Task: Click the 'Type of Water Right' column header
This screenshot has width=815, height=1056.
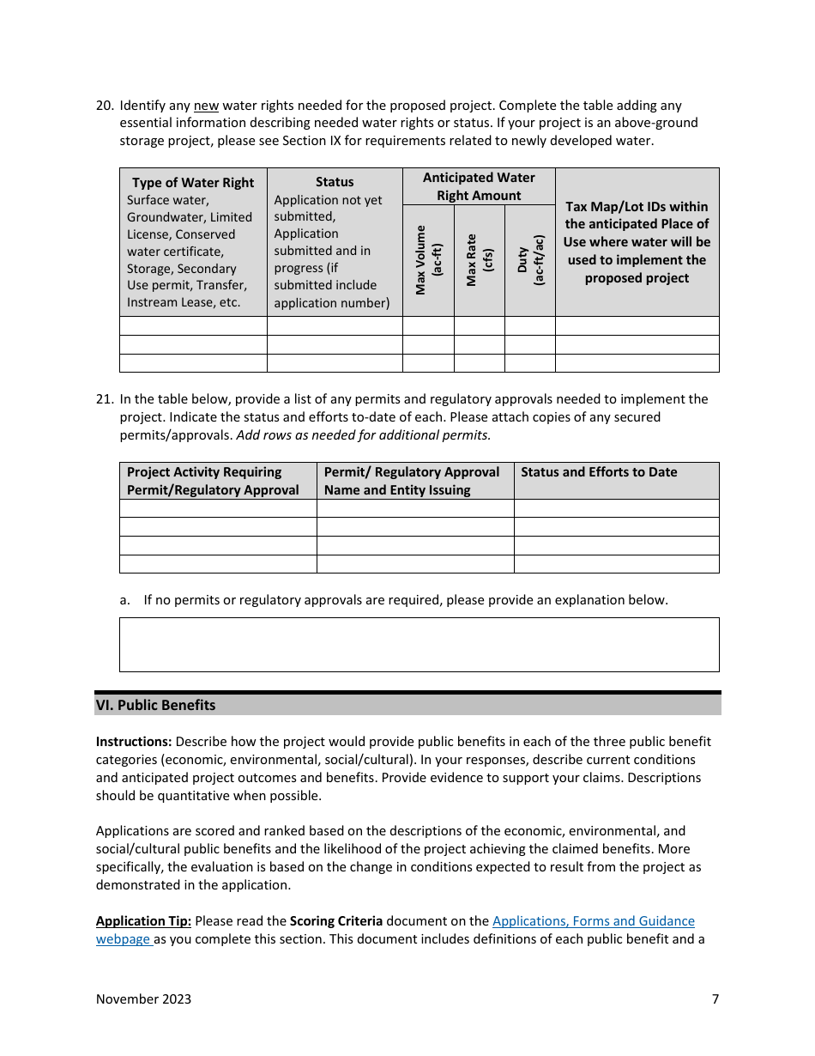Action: (193, 183)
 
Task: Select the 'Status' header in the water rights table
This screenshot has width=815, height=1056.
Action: (335, 182)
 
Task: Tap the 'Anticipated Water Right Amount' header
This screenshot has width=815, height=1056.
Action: (479, 186)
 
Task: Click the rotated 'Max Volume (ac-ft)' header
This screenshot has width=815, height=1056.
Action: (428, 260)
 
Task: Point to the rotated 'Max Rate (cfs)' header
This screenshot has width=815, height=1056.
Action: (479, 260)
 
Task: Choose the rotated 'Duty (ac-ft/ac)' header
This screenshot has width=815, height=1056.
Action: (530, 260)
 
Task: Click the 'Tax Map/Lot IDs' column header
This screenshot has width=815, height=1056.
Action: (637, 242)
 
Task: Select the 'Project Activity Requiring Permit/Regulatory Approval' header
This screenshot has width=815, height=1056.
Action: (213, 481)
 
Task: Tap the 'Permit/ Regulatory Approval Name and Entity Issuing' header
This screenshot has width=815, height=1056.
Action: (411, 481)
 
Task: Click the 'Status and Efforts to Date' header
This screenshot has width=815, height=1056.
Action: (599, 472)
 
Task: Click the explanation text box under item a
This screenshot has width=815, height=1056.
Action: (419, 644)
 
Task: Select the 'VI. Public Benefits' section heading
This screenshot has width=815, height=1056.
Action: (156, 705)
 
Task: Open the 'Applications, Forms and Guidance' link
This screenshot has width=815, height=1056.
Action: (593, 921)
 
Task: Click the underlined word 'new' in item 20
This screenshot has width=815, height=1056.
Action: (206, 106)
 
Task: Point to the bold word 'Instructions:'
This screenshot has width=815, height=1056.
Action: (134, 742)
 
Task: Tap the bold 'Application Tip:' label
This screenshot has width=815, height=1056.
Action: (143, 921)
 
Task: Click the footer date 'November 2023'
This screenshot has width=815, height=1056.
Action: (143, 998)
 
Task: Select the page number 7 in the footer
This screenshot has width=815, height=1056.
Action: (715, 998)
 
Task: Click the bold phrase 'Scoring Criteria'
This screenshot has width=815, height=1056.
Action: (336, 921)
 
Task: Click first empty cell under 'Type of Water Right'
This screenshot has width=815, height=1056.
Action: (193, 326)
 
